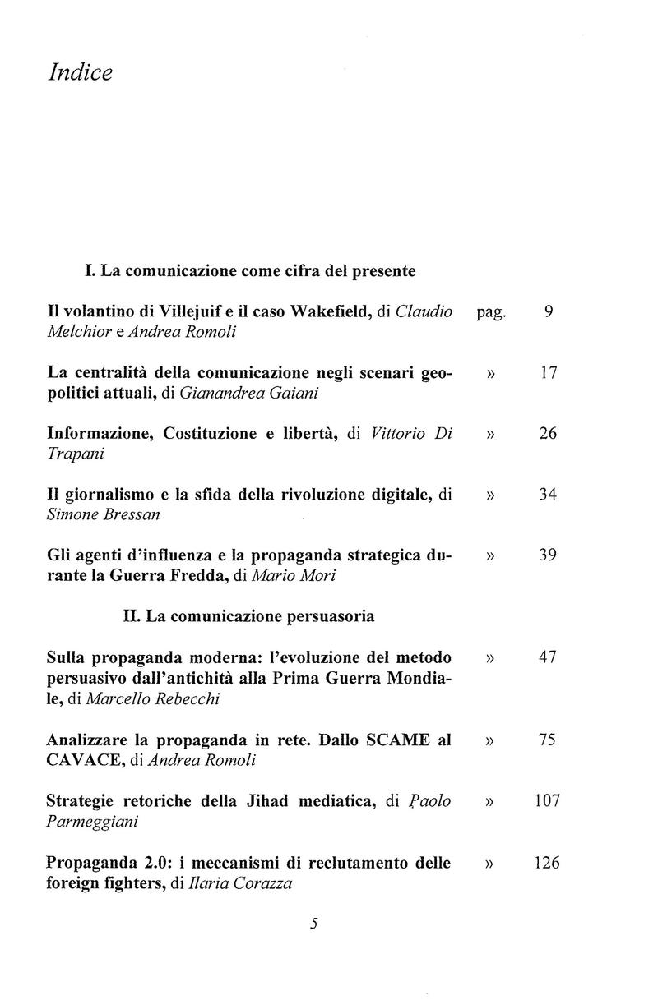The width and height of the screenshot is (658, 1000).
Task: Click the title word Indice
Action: coord(80,72)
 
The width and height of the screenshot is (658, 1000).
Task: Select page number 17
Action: coord(549,372)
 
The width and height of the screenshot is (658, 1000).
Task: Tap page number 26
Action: coord(549,433)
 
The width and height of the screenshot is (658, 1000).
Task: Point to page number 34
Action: coord(549,494)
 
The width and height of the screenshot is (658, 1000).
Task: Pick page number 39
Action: coord(549,555)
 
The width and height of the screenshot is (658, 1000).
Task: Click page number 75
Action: coord(549,739)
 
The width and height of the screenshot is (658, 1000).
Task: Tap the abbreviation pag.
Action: coord(494,314)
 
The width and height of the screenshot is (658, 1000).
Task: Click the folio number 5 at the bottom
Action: coord(313,923)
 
